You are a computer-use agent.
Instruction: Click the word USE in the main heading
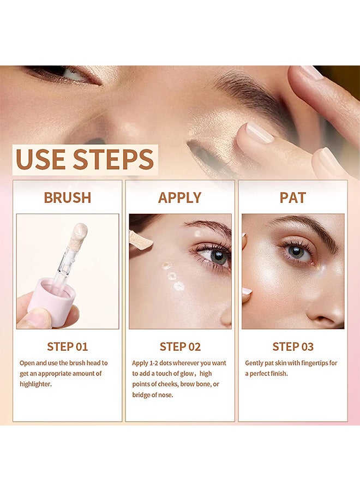[x=41, y=159]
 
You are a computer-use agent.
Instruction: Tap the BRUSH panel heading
[x=67, y=197]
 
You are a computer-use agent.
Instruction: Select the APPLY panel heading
[x=180, y=197]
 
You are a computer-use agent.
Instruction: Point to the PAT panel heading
[x=293, y=197]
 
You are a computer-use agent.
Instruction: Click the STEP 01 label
[x=67, y=346]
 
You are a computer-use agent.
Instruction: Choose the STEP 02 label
[x=180, y=346]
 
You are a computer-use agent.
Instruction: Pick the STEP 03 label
[x=293, y=346]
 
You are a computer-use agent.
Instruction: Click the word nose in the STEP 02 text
[x=164, y=394]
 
